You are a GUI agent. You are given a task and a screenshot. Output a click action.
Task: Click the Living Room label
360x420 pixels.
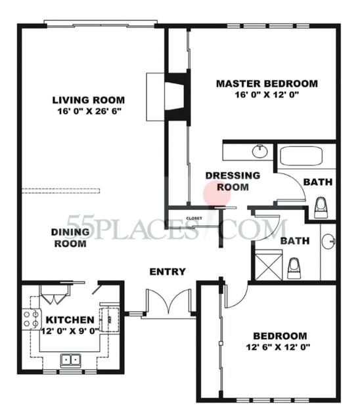click(x=89, y=100)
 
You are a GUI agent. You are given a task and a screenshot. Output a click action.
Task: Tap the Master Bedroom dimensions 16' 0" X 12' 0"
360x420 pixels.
click(x=267, y=96)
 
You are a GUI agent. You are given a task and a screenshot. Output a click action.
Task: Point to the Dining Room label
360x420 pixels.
click(x=70, y=238)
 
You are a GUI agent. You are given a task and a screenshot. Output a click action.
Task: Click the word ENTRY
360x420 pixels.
click(x=168, y=272)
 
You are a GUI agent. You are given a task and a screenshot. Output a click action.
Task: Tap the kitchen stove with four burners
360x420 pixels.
click(x=31, y=320)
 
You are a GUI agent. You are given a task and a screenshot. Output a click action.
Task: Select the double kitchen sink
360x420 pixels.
click(x=71, y=360)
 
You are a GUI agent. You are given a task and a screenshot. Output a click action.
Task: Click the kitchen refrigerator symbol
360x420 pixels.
click(x=110, y=316)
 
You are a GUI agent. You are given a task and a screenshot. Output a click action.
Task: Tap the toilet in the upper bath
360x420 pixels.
click(x=322, y=207)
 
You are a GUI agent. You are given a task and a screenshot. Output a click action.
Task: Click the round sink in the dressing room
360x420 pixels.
click(x=259, y=152)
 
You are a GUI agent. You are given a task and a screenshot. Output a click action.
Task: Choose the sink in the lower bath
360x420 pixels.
click(x=328, y=241)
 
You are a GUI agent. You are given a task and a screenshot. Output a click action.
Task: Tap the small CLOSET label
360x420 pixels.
click(x=194, y=218)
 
